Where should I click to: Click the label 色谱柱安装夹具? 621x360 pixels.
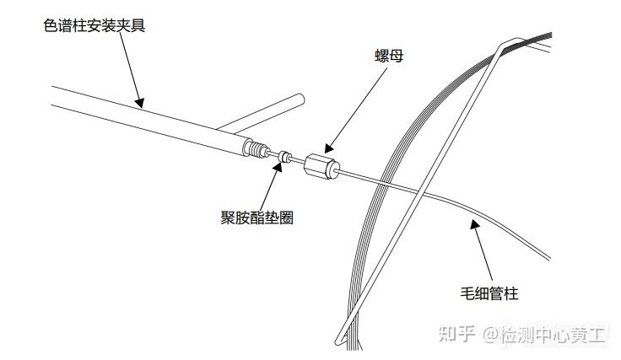(94, 25)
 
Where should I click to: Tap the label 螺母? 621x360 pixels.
(389, 56)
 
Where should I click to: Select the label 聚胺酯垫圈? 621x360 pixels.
(257, 218)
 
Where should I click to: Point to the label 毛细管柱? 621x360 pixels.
(489, 293)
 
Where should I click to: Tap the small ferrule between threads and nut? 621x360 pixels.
(284, 156)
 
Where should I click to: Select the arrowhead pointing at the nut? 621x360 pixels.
(330, 148)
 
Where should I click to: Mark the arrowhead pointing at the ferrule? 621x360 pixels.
(278, 167)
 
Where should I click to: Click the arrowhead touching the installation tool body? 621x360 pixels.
(139, 103)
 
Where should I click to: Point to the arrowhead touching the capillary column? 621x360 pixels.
(474, 224)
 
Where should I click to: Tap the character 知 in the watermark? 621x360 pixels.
(447, 335)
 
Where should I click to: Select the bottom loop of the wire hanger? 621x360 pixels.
(340, 340)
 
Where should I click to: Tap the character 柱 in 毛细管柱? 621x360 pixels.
(511, 293)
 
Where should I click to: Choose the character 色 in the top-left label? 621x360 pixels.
(51, 25)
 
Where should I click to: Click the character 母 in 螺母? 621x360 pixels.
(397, 56)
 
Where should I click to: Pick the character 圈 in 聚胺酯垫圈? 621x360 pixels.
(286, 218)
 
